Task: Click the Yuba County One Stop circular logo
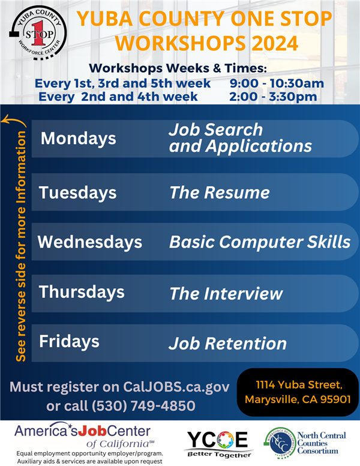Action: click(38, 32)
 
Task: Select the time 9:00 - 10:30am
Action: click(277, 83)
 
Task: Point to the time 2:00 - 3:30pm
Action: click(273, 97)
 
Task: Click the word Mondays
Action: click(79, 139)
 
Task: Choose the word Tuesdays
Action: click(78, 193)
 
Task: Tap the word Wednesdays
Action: click(90, 242)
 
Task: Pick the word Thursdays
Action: click(82, 292)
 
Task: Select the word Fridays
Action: click(69, 342)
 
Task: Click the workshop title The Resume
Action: click(220, 193)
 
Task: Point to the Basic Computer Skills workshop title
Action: click(260, 242)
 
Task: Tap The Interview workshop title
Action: click(226, 294)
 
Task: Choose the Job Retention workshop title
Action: click(227, 343)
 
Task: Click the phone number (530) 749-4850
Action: click(143, 406)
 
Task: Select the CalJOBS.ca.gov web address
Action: click(176, 387)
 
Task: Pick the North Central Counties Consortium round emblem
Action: click(280, 443)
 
